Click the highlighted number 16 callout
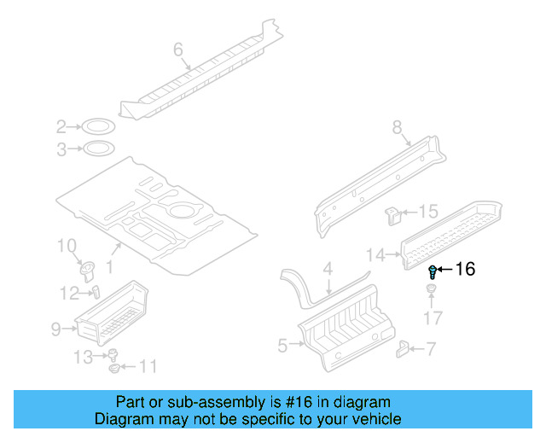click(x=465, y=270)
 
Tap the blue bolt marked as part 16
click(x=433, y=272)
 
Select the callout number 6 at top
click(x=178, y=50)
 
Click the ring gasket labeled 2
click(x=98, y=128)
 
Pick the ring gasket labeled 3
click(x=98, y=149)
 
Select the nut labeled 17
click(x=433, y=296)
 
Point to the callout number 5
click(x=283, y=345)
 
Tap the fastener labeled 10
click(x=86, y=270)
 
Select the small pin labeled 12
click(x=96, y=292)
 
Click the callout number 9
click(x=55, y=327)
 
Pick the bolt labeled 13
click(x=112, y=355)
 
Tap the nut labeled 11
click(x=115, y=369)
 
